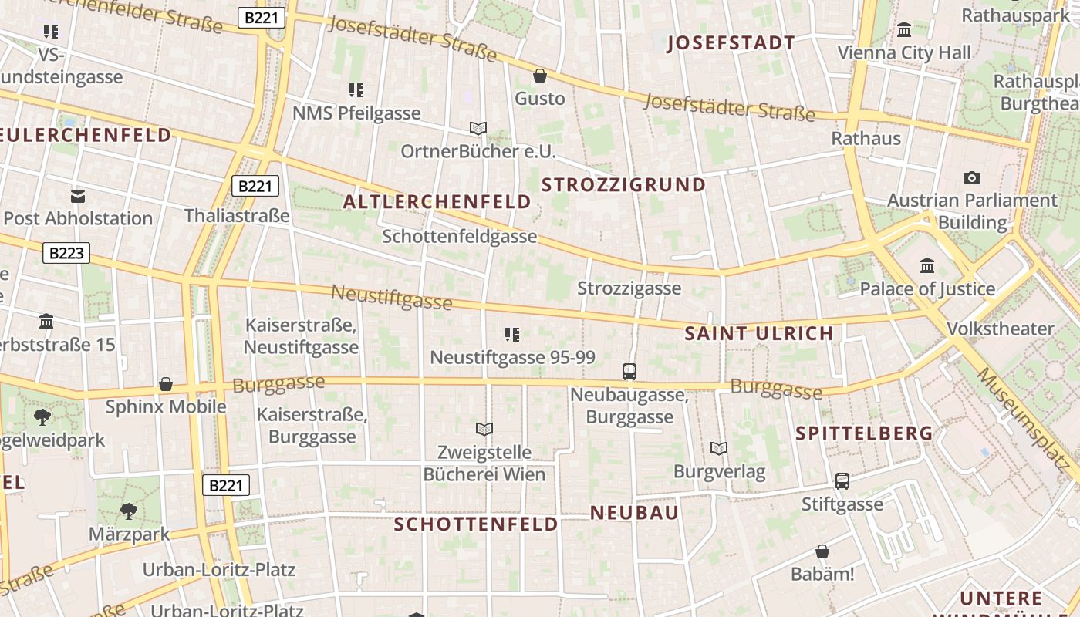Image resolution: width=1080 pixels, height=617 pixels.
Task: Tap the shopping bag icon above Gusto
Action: [540, 76]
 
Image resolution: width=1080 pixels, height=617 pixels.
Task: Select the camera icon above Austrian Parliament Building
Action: [972, 177]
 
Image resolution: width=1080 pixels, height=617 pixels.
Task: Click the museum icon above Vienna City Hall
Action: [904, 30]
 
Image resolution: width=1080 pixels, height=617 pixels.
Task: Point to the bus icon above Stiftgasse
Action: [842, 481]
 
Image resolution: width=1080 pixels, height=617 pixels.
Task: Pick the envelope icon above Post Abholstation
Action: [78, 196]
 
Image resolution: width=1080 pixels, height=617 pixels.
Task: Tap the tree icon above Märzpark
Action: [128, 511]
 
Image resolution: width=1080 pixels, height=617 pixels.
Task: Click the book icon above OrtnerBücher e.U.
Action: [478, 128]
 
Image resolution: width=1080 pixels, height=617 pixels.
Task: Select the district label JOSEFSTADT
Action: [731, 43]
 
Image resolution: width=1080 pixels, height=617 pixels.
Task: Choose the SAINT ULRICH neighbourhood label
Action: [759, 334]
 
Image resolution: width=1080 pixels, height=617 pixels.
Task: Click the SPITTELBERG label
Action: [864, 433]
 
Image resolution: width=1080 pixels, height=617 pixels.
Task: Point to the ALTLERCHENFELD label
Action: [437, 203]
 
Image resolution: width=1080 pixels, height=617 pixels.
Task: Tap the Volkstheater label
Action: [1000, 329]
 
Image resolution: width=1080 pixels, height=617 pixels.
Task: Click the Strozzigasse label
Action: [629, 288]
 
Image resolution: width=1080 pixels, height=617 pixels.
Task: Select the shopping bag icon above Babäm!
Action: [822, 552]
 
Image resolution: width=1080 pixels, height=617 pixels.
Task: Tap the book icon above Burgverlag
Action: [718, 448]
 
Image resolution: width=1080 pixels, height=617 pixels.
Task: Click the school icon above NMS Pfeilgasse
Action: [356, 90]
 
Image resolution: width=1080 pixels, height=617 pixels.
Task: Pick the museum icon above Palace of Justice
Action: [927, 266]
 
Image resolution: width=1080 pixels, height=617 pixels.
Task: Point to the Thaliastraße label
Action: [237, 215]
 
